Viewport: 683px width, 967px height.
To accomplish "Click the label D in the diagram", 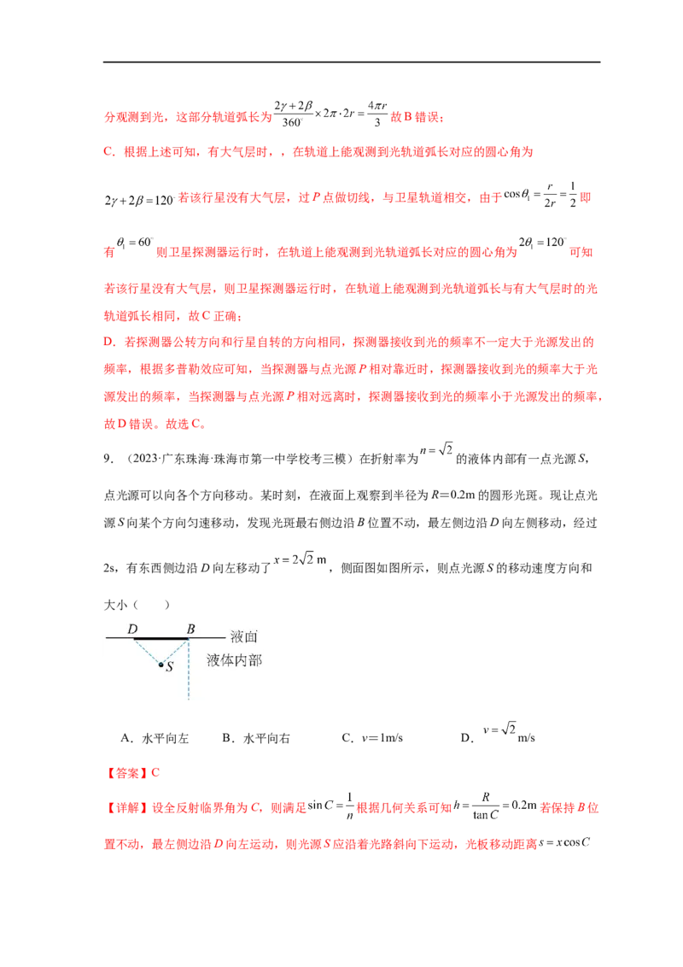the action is [x=132, y=629].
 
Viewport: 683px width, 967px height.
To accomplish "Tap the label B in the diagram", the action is [x=190, y=629].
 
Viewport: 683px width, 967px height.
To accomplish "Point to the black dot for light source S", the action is [x=161, y=665].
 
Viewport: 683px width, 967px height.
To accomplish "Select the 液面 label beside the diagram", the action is [x=243, y=636].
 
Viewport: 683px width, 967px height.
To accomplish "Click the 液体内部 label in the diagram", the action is [x=234, y=660].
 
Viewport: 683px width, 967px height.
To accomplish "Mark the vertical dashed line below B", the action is [x=188, y=670].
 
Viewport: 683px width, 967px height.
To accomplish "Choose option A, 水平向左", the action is [x=155, y=738].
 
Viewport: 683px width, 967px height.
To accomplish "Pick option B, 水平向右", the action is [x=256, y=738].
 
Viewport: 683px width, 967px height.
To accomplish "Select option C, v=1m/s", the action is [x=372, y=738].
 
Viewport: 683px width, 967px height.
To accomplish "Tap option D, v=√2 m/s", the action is [x=498, y=733].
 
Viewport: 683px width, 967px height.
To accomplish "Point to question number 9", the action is [x=108, y=458].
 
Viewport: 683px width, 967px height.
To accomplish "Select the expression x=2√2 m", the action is [x=301, y=560].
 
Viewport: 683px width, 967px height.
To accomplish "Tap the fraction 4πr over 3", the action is [x=377, y=114].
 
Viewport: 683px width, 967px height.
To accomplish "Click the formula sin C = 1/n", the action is [x=331, y=806].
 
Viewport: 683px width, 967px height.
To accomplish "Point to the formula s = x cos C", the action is [x=564, y=842].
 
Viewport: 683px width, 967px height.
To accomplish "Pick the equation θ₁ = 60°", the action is [x=134, y=243].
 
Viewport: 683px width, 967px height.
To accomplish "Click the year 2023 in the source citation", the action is [x=145, y=458].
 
